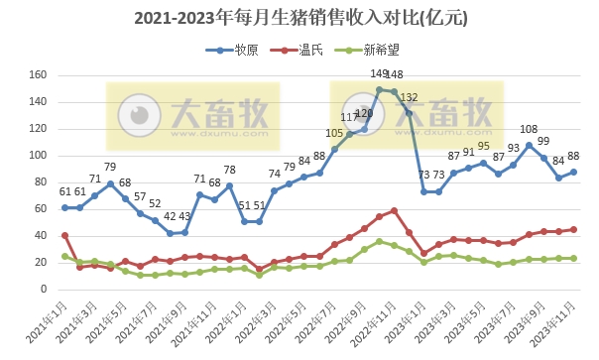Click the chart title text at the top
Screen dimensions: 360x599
[299, 18]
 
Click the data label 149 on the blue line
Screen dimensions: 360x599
[379, 73]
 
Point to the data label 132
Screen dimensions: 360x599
[410, 96]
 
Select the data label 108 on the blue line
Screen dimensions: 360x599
[530, 129]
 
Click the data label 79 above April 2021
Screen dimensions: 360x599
[111, 168]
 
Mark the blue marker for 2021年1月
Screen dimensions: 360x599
[65, 208]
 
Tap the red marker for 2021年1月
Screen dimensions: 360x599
[65, 236]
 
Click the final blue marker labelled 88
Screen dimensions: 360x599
[573, 172]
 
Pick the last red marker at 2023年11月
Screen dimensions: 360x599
[573, 229]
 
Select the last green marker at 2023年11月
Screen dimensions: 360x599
[573, 259]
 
